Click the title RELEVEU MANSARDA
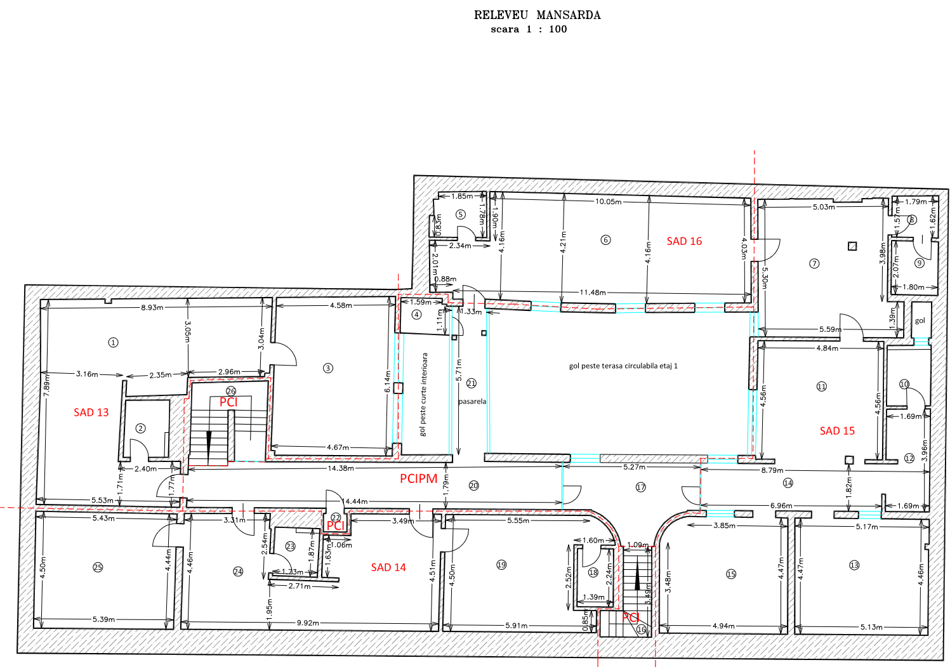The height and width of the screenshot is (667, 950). [537, 15]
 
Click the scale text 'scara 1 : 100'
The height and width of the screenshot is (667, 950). [529, 29]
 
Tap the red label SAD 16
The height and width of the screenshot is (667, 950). [684, 241]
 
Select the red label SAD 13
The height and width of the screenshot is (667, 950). [91, 413]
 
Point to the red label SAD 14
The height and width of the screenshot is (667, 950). [388, 567]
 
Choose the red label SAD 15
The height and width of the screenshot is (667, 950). [837, 431]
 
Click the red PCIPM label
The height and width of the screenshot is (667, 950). [418, 479]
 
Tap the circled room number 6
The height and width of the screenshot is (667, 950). [605, 240]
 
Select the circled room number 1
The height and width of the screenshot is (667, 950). [113, 343]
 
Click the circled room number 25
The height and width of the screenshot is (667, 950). [98, 567]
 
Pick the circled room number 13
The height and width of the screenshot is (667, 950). [854, 565]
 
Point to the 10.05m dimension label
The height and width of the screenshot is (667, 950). [608, 202]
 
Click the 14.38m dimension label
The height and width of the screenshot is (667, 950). [341, 468]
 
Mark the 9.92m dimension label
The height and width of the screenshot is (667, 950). [308, 623]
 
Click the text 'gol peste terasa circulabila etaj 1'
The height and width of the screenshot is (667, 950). [623, 366]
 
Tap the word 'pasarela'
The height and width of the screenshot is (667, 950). [472, 402]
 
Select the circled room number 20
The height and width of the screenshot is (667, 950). [473, 485]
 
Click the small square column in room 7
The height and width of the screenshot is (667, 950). [852, 246]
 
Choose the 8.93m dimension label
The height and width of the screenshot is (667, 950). [152, 307]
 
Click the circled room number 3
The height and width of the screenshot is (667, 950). [328, 368]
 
